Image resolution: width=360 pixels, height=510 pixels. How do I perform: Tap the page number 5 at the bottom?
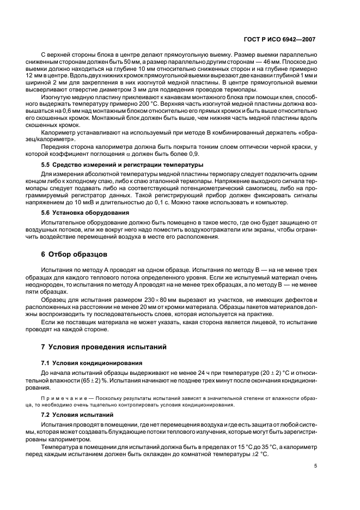point(316,466)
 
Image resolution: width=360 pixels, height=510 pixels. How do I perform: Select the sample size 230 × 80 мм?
point(148,301)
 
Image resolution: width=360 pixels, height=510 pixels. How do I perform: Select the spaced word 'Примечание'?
point(62,397)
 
